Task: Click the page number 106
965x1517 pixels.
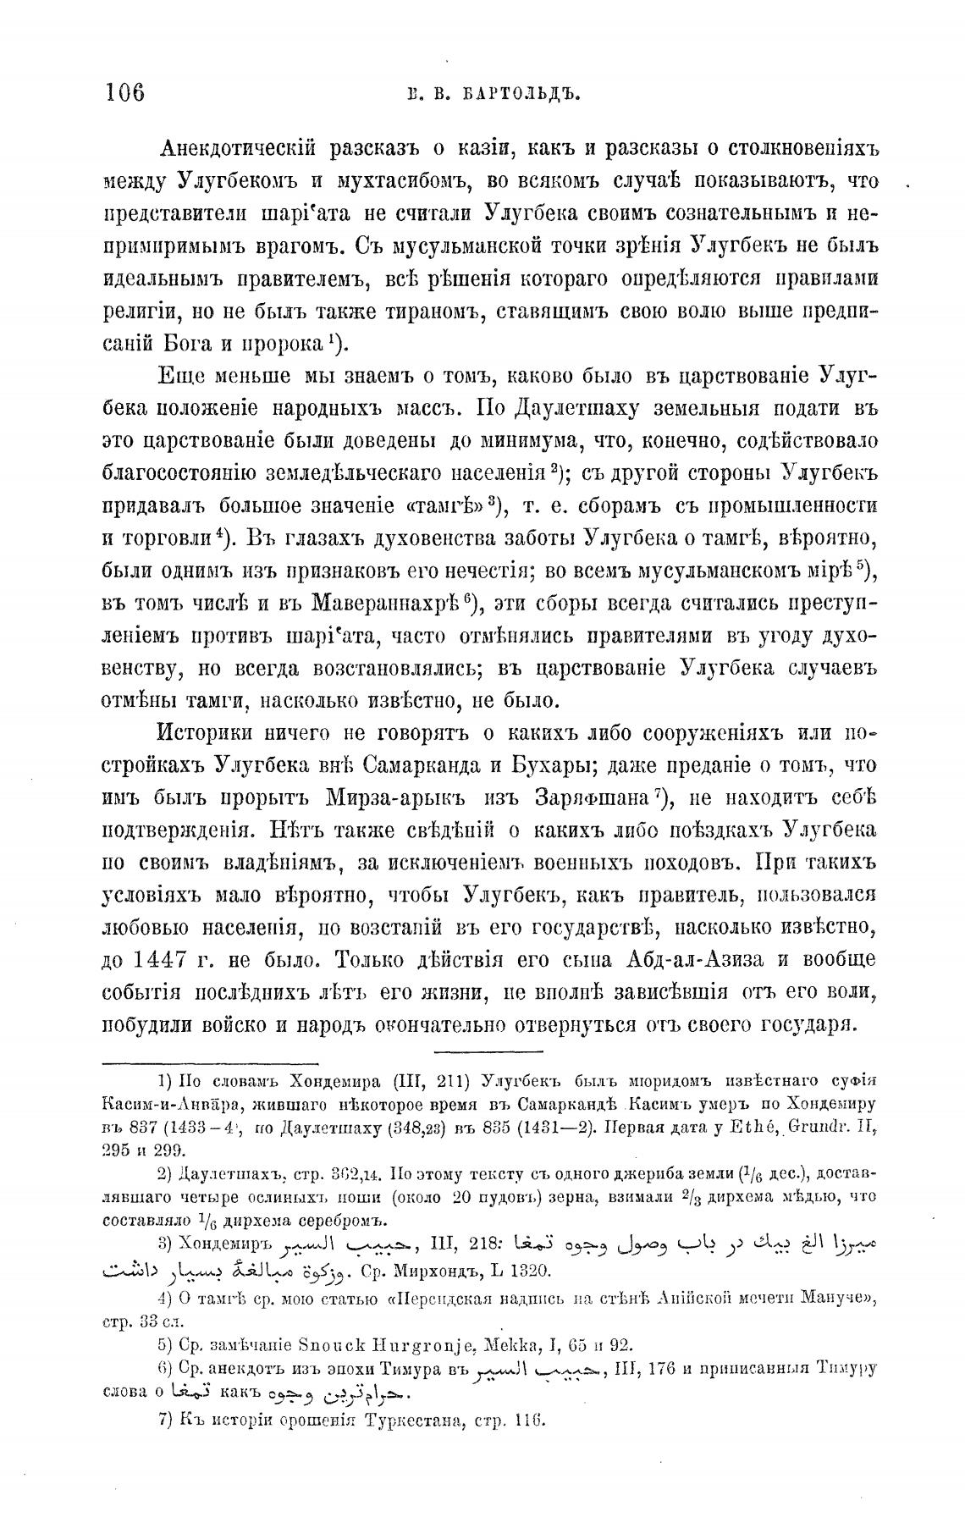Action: [x=125, y=91]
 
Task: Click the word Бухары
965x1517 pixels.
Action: [x=551, y=765]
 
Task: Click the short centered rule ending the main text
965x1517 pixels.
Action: [x=475, y=1051]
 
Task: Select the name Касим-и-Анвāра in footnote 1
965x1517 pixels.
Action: [x=160, y=1105]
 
